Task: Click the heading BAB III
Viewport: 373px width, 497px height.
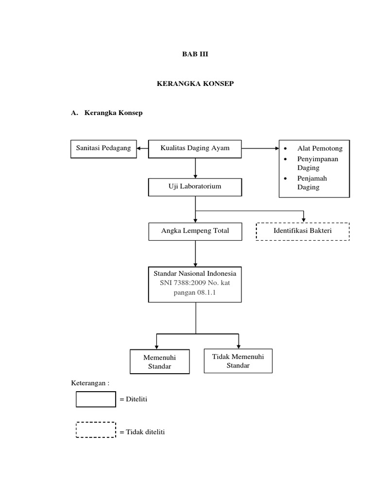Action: tap(195, 54)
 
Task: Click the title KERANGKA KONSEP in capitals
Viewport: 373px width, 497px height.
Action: tap(195, 84)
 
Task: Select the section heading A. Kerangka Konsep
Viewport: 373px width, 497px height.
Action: tap(106, 113)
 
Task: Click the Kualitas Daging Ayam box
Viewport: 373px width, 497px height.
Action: tap(195, 149)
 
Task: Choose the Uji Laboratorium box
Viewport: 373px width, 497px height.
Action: tap(195, 186)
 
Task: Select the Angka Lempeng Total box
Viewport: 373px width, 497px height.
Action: tap(195, 232)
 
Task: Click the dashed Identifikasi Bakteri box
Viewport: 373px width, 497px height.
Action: tap(302, 232)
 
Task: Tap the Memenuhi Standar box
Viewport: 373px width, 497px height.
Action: tap(159, 362)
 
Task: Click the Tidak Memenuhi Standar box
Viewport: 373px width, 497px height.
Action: tap(238, 361)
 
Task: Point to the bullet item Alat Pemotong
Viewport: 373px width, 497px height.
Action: tap(320, 149)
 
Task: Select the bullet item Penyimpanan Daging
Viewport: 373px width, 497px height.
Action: tap(318, 163)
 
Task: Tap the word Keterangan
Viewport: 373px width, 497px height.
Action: tap(90, 383)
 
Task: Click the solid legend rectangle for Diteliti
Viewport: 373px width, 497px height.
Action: tap(96, 399)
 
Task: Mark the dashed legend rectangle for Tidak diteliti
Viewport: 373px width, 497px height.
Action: tap(96, 431)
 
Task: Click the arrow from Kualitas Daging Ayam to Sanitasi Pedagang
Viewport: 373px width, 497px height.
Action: tap(141, 149)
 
